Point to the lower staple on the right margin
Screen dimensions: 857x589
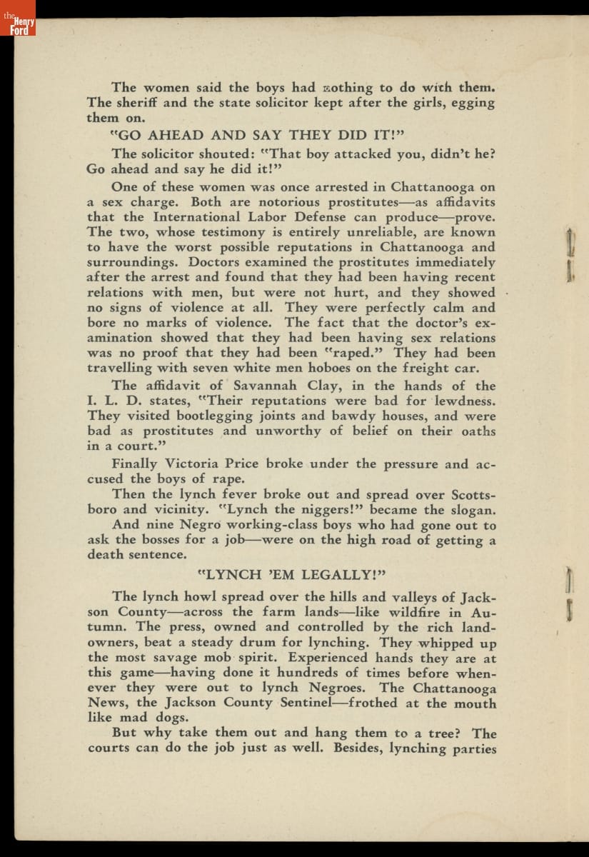569,589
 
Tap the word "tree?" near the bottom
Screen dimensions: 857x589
440,733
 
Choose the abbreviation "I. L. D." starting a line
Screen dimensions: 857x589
111,401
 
